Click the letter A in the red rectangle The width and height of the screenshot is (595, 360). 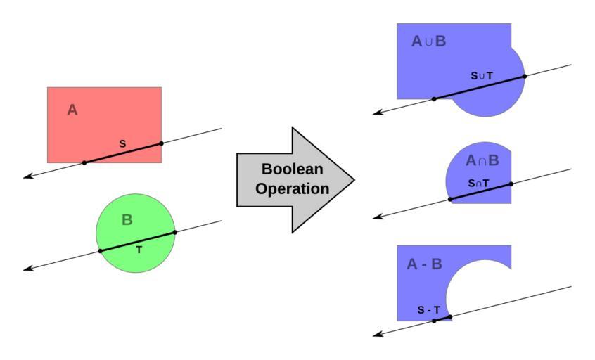pos(72,110)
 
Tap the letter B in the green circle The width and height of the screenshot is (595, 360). pos(127,220)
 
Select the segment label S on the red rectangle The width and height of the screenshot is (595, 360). pos(122,144)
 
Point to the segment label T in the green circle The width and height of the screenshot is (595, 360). pos(139,249)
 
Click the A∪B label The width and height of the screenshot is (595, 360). pos(429,41)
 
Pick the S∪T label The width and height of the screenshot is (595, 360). pos(482,75)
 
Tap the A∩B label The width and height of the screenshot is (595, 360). pos(482,161)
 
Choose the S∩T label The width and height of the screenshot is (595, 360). pos(478,184)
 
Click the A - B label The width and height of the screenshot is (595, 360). pos(425,264)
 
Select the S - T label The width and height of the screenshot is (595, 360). pos(428,310)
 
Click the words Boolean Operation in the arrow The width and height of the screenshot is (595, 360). pos(292,179)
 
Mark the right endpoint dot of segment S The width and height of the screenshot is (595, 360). pos(161,143)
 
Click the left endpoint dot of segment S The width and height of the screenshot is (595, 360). pos(84,162)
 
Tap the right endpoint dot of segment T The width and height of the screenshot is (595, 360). pos(174,232)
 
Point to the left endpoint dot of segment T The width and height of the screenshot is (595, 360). pos(101,251)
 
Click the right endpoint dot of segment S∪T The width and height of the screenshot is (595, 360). pos(525,76)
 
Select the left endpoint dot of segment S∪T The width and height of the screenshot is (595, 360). pos(434,98)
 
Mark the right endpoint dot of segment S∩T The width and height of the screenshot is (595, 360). pos(511,184)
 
